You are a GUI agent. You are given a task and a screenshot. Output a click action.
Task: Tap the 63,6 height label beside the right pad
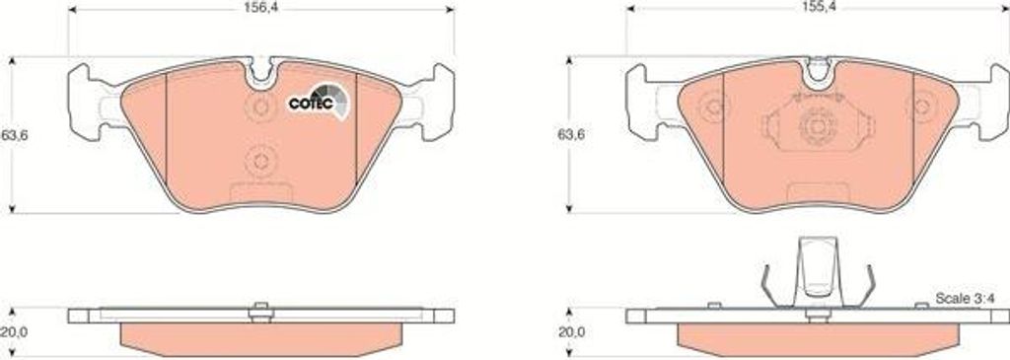[x=569, y=136]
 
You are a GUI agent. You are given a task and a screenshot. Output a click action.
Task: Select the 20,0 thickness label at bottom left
[x=13, y=332]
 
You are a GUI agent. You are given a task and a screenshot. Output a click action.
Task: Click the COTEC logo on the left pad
[x=317, y=102]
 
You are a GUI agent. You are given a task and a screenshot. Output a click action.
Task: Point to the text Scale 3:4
[x=965, y=300]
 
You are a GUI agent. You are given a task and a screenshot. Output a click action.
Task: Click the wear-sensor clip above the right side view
[x=817, y=273]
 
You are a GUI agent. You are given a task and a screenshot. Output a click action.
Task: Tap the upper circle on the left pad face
[x=260, y=107]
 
